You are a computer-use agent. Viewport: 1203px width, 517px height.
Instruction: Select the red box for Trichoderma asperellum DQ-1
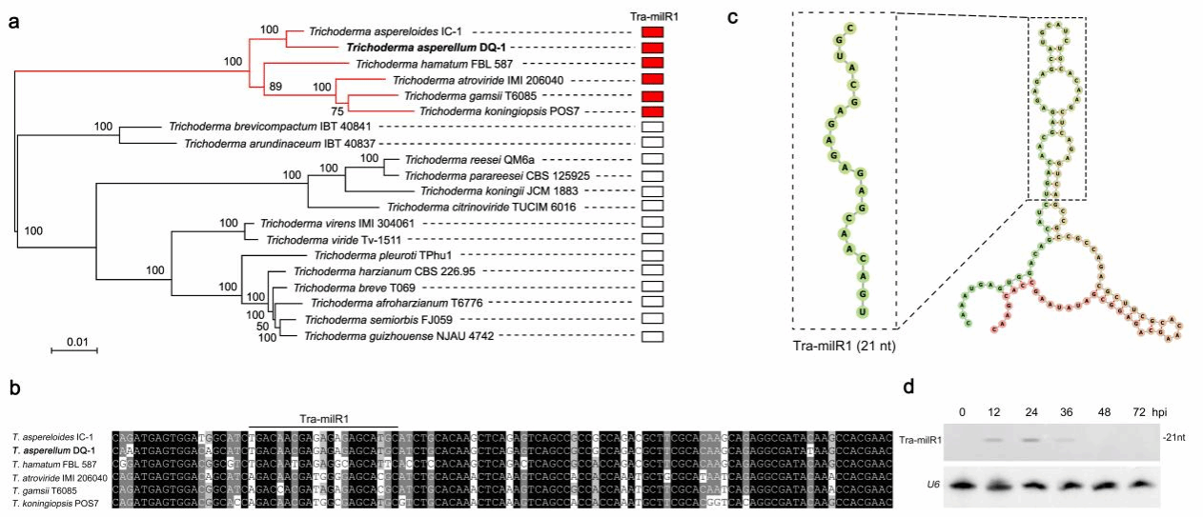click(652, 48)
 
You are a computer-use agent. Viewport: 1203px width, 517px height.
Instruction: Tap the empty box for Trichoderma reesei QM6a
click(652, 159)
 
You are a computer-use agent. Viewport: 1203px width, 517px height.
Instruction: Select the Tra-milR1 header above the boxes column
click(652, 15)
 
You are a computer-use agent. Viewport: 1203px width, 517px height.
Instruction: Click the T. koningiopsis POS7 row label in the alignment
click(56, 504)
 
